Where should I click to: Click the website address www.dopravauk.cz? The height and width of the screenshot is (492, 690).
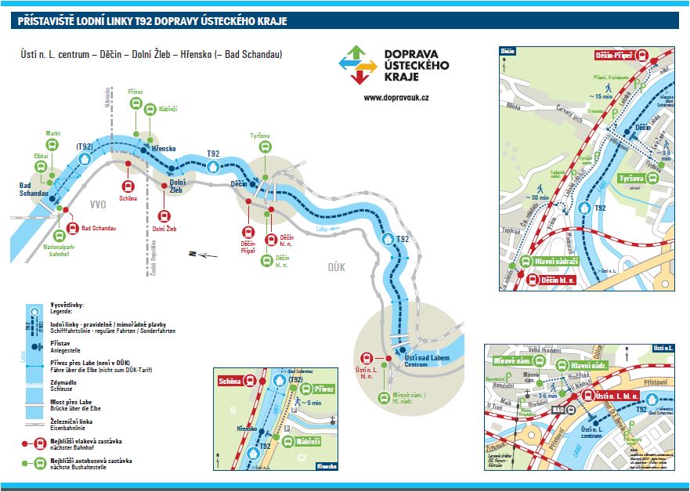click(396, 98)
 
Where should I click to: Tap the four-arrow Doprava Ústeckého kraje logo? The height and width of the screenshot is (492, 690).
click(356, 64)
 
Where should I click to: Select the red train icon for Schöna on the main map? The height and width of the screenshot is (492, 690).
click(128, 186)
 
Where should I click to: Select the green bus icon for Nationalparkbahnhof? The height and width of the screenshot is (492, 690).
click(60, 235)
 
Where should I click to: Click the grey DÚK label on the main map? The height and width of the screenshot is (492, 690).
click(336, 267)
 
